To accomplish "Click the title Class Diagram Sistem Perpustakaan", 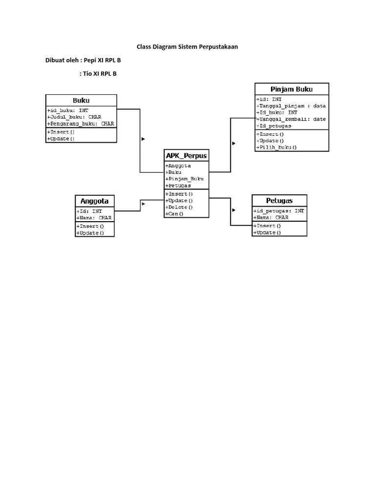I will coord(187,47).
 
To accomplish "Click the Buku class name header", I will coord(81,100).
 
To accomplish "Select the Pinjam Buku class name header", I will coord(292,89).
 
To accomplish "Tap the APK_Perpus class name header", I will coord(186,156).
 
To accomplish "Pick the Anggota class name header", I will coord(94,201).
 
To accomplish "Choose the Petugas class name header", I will coord(279,201).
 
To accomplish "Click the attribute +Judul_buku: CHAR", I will coord(74,117).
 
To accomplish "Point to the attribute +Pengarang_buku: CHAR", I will coord(81,124).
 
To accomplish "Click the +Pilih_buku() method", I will coord(276,147).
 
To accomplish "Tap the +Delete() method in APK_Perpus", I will coord(179,207).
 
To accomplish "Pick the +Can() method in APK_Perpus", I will coord(175,214).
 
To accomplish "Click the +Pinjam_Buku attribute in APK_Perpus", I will coord(184,179).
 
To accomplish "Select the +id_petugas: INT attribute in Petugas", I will coord(279,211).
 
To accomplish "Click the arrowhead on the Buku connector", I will coord(143,139).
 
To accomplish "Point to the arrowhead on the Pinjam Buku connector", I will coord(234,143).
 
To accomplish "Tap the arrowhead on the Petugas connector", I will coord(234,210).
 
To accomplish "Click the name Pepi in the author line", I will coord(91,61).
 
